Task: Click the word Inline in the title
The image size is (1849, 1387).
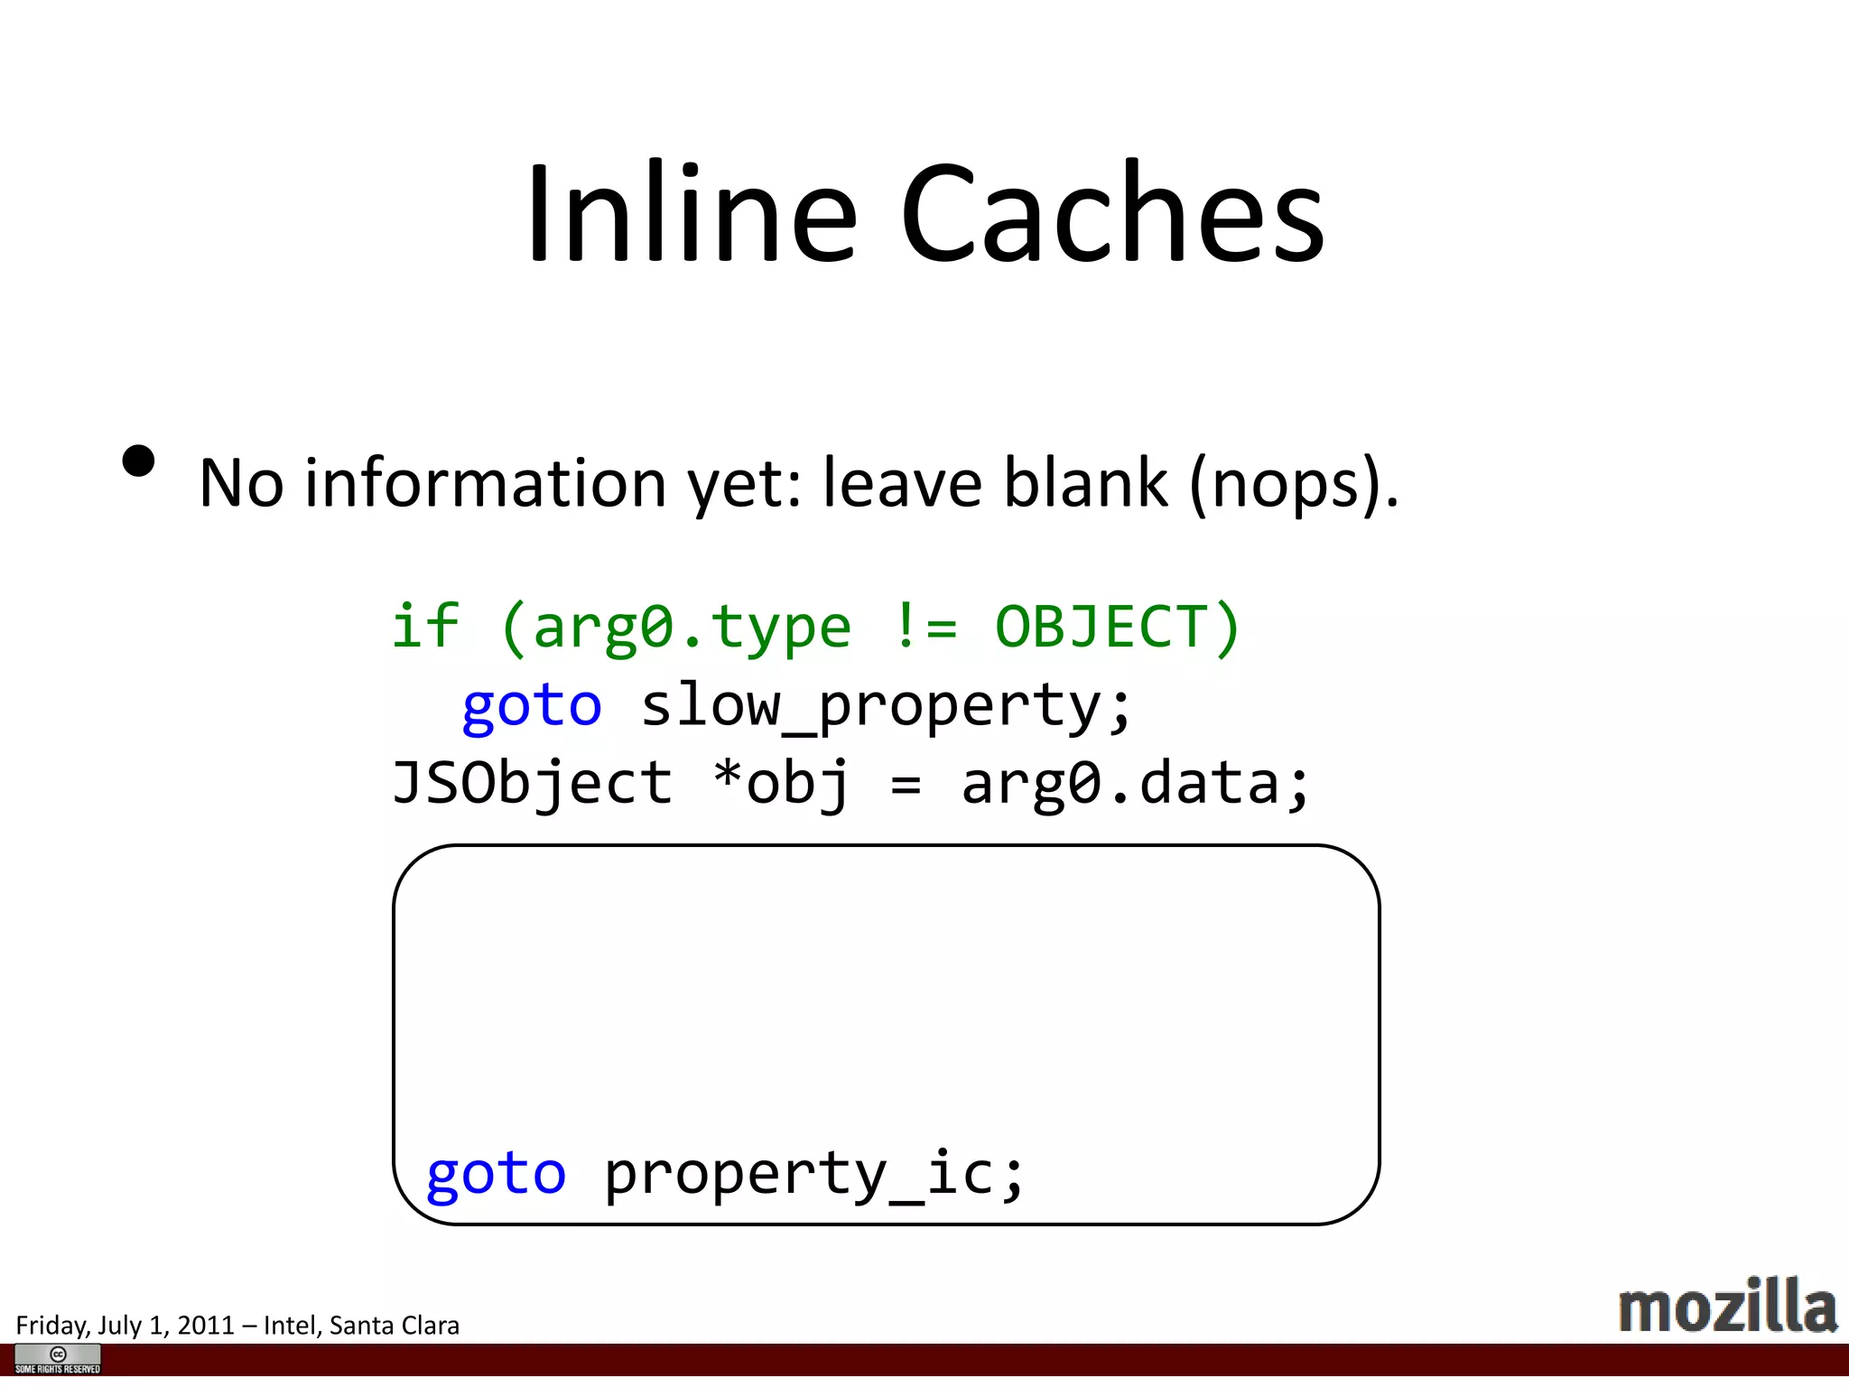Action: click(691, 214)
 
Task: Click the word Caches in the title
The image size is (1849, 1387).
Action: click(1112, 214)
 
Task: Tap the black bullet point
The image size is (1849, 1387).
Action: click(138, 461)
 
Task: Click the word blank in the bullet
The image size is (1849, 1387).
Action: click(1086, 483)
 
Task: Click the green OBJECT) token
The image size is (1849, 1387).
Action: click(1118, 627)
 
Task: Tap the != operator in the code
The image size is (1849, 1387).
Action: click(924, 627)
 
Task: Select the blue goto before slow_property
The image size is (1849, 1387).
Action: click(532, 705)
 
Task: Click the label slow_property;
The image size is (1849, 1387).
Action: click(886, 705)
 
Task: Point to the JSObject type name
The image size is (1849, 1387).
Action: click(533, 783)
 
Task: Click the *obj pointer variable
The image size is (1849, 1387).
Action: click(782, 783)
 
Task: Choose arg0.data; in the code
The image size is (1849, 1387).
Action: click(1135, 783)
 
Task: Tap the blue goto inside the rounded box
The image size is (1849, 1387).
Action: click(497, 1174)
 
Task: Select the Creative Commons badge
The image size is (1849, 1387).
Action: click(58, 1358)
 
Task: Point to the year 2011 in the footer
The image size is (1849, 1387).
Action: click(206, 1326)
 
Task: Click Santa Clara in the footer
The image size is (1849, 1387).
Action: click(395, 1326)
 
